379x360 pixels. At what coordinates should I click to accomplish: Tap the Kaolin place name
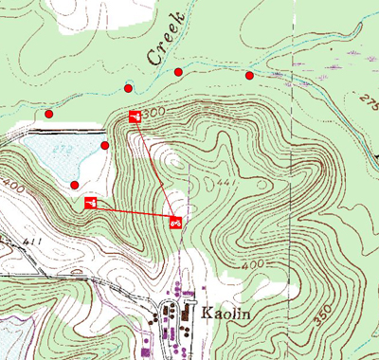pos(226,312)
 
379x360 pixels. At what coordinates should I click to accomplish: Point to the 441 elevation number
pos(226,182)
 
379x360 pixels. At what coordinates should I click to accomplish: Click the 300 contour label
pos(155,113)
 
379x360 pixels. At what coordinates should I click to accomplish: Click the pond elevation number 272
pos(63,149)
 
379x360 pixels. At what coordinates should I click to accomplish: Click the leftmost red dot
pos(49,114)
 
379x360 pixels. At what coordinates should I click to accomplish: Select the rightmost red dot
pos(249,75)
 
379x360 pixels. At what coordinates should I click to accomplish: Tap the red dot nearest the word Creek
pos(178,72)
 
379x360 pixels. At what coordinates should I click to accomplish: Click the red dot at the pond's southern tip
pos(75,184)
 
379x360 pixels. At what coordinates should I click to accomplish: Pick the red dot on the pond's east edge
pos(104,145)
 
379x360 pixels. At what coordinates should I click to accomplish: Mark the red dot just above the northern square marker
pos(129,88)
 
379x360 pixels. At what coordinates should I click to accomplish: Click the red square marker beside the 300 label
pos(135,116)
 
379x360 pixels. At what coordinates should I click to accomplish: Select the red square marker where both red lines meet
pos(175,223)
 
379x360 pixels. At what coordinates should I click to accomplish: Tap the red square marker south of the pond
pos(92,203)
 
